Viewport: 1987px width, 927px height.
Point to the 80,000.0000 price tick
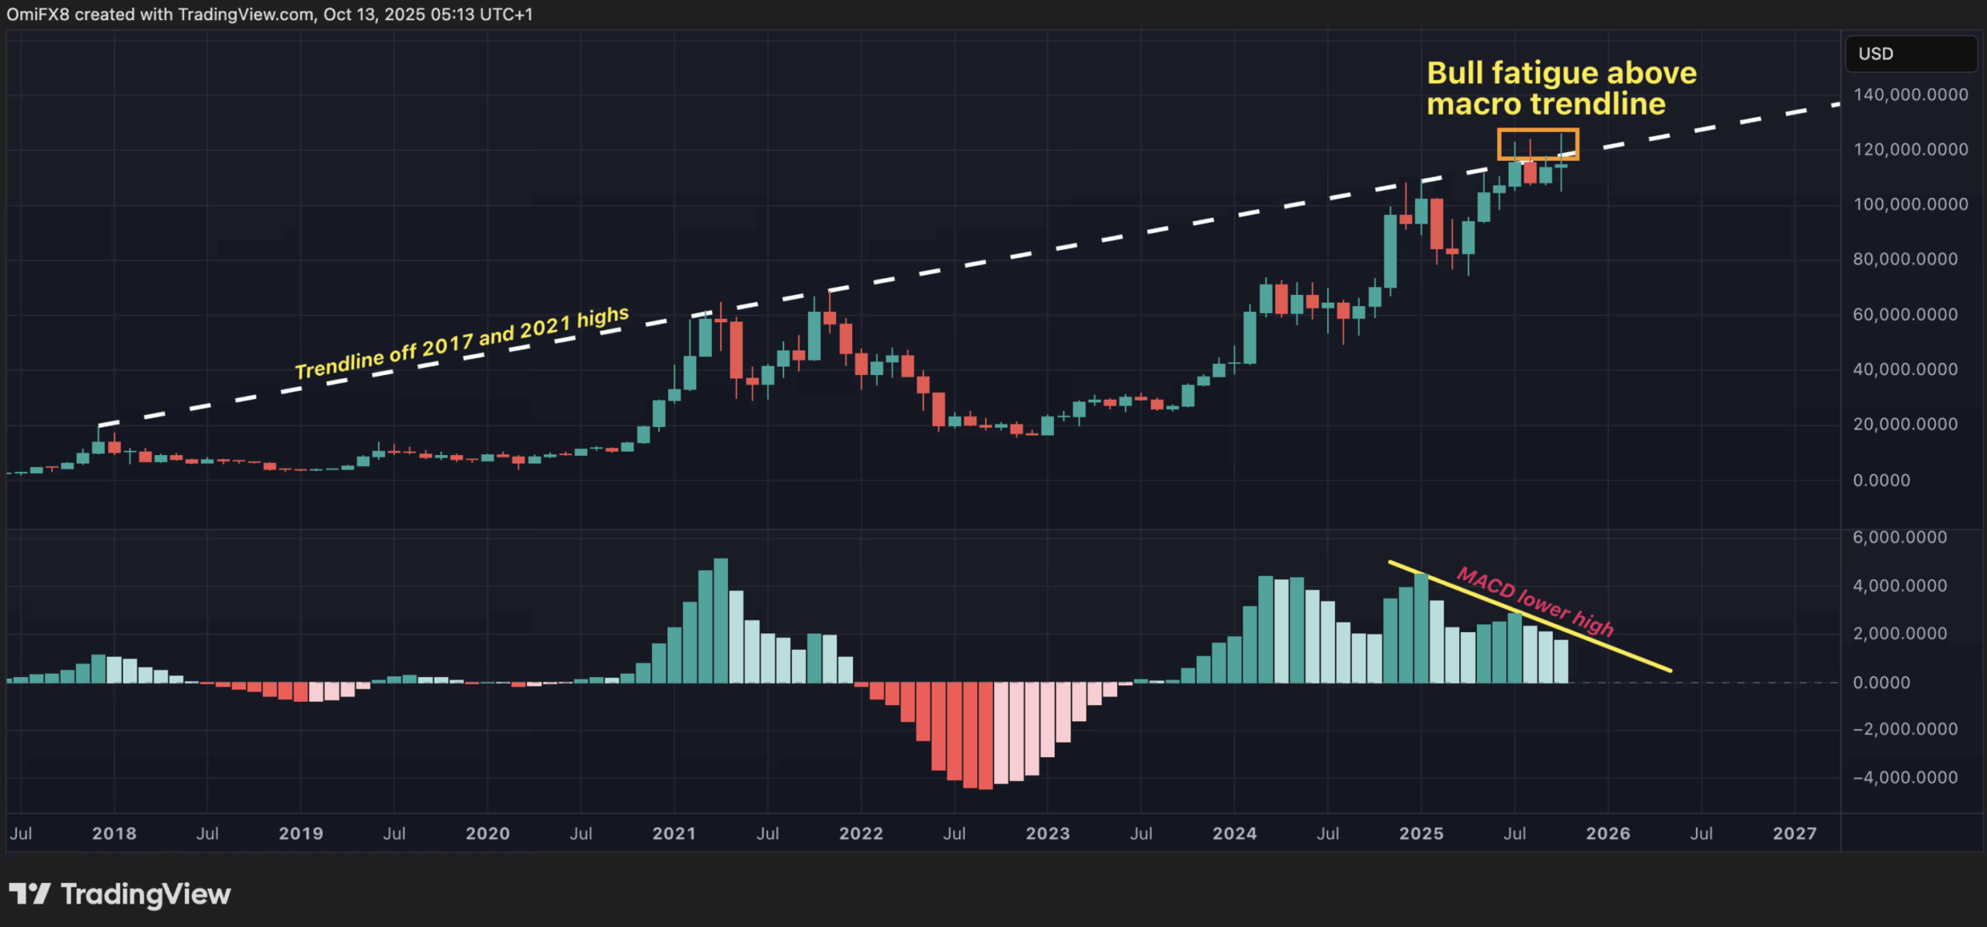point(1905,259)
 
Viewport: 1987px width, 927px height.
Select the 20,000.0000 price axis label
point(1905,424)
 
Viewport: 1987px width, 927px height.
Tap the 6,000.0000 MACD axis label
point(1899,537)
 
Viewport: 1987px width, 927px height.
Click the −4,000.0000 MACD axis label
point(1905,777)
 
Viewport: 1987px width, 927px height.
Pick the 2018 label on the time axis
point(114,834)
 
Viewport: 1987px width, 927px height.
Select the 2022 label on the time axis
point(861,834)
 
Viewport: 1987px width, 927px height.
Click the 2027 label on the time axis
point(1795,834)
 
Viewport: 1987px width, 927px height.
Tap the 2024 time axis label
point(1234,834)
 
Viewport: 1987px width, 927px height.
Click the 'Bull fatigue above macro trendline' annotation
point(1561,89)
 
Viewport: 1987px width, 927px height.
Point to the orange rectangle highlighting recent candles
point(1538,130)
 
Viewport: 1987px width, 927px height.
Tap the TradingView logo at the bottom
point(120,894)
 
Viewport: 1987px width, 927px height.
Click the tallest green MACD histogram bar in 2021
point(720,620)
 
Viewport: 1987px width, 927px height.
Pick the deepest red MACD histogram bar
point(985,735)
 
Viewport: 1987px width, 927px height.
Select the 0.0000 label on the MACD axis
point(1881,682)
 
